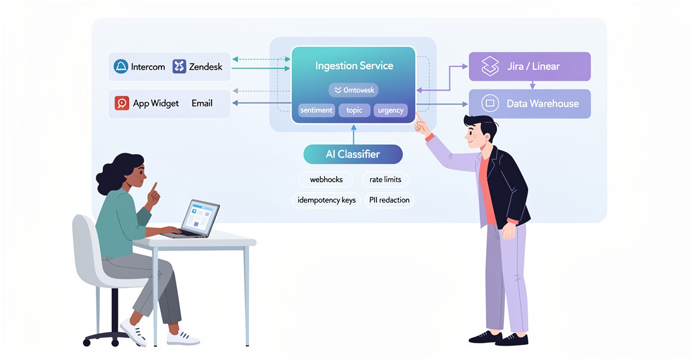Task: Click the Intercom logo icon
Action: pyautogui.click(x=121, y=66)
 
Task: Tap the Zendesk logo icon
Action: pyautogui.click(x=179, y=66)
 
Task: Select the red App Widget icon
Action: pyautogui.click(x=122, y=103)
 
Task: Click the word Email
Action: pyautogui.click(x=202, y=103)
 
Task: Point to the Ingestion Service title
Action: pyautogui.click(x=354, y=66)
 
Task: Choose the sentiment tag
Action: pyautogui.click(x=316, y=110)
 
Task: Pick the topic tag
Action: pyautogui.click(x=354, y=110)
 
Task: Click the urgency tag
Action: pyautogui.click(x=390, y=110)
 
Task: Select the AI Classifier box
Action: pyautogui.click(x=353, y=155)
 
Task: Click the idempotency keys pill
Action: pyautogui.click(x=326, y=200)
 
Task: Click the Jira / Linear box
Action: pyautogui.click(x=529, y=66)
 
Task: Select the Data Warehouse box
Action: pyautogui.click(x=529, y=104)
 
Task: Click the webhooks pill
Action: pyautogui.click(x=326, y=179)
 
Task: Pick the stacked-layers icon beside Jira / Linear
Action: pyautogui.click(x=490, y=66)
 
